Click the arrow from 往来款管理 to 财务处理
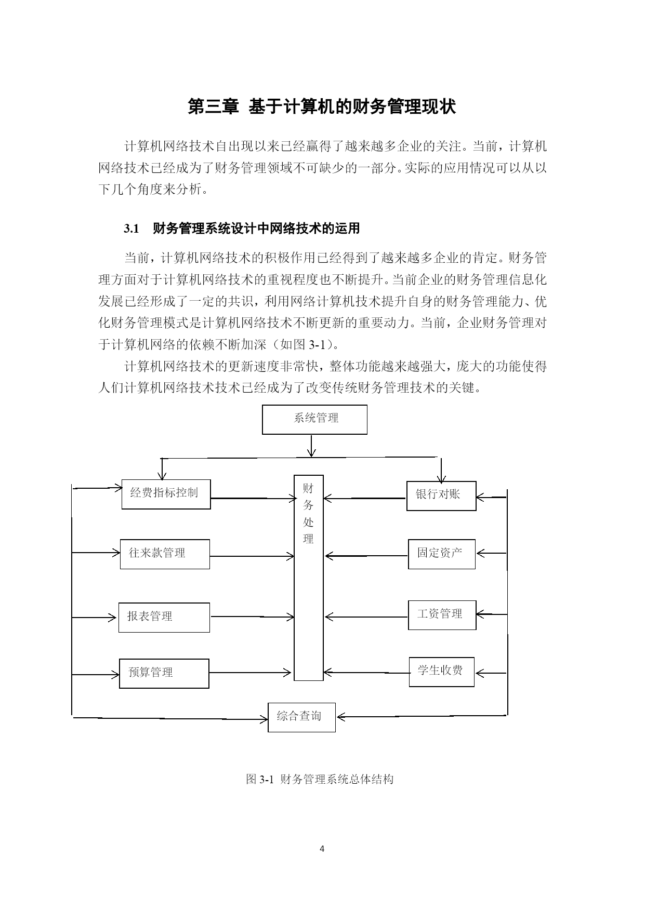click(x=252, y=557)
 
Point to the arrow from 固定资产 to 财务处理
click(x=366, y=556)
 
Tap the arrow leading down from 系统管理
click(x=311, y=446)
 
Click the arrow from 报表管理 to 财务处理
click(x=252, y=617)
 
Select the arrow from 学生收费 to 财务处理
click(x=366, y=673)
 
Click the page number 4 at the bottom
click(x=322, y=849)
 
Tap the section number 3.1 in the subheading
click(x=131, y=229)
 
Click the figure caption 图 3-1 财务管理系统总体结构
click(x=320, y=779)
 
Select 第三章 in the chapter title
click(x=213, y=107)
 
